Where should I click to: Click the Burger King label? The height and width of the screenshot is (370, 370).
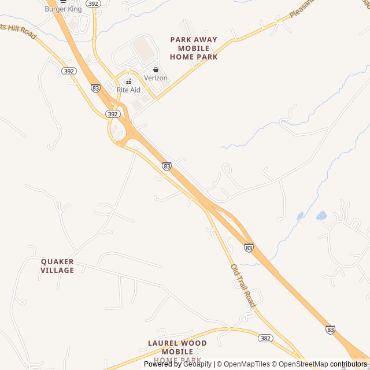coord(62,9)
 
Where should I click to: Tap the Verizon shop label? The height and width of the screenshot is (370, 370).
coord(156,78)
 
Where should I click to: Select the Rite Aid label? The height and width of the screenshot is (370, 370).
coord(128,90)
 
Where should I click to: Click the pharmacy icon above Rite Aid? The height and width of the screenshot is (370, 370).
coord(128,82)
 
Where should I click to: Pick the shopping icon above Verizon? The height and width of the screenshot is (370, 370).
coord(156,69)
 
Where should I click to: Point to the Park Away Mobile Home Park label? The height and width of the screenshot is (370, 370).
coord(194,49)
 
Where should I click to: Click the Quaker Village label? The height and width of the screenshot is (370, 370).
coord(57,266)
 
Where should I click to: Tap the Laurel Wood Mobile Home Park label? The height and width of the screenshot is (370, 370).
coord(177,351)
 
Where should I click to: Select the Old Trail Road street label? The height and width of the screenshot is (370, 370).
coord(243,286)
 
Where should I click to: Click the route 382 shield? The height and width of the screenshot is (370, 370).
coord(265,338)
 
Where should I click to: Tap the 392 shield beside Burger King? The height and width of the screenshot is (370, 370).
coord(92,3)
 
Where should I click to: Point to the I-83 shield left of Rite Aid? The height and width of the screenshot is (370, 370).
coord(95,88)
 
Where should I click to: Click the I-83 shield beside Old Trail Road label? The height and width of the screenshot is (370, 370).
coord(249,247)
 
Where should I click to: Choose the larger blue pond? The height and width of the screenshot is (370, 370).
coord(321,216)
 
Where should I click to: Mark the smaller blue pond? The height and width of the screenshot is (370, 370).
coord(300,216)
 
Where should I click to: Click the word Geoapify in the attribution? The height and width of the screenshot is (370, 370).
coord(197,364)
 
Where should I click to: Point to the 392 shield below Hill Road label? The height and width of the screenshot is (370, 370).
coord(69,71)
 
